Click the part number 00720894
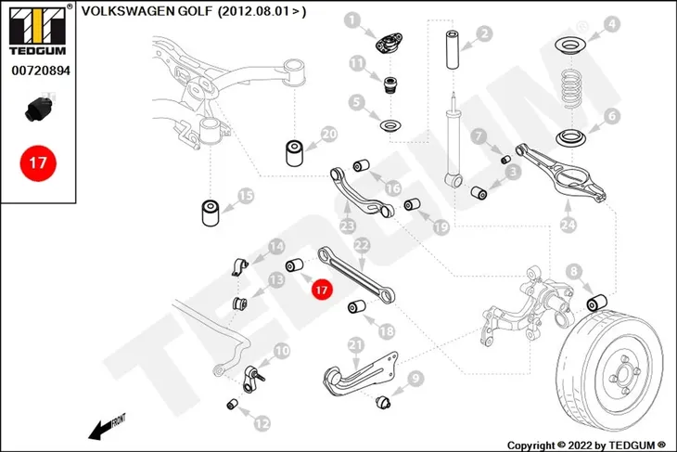coord(41,71)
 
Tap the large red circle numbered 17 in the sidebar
coord(38,163)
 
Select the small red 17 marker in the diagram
coord(322,290)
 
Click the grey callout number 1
coord(353,19)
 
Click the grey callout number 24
coord(568,225)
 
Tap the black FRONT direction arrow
coord(107,427)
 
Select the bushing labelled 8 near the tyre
coord(597,302)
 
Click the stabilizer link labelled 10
coord(253,379)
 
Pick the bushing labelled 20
coord(295,152)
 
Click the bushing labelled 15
coord(211,212)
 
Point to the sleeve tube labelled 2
coord(453,50)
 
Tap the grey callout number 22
coord(362,245)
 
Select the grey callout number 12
coord(262,424)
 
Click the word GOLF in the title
coord(194,11)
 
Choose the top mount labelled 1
coord(389,44)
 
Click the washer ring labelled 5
coord(390,126)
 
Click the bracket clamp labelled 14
coord(239,266)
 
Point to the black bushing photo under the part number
coord(39,110)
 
